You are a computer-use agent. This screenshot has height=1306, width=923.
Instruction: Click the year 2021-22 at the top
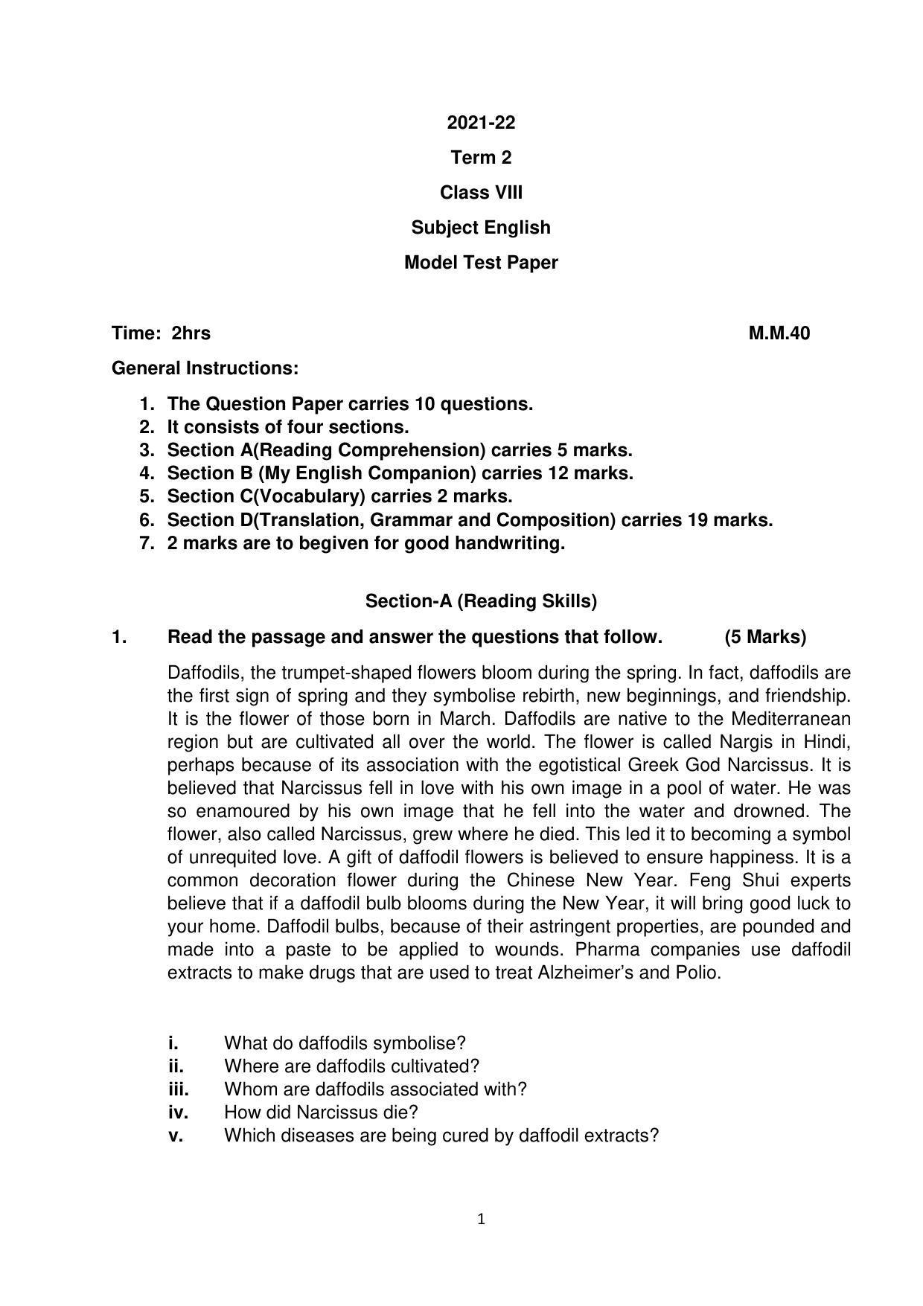(480, 123)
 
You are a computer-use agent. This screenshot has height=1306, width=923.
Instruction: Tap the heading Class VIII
(480, 193)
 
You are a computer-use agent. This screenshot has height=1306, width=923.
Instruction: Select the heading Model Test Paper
(480, 263)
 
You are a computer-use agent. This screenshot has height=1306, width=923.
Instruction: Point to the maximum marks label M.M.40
(779, 333)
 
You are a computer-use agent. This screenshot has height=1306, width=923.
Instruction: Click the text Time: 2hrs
(161, 333)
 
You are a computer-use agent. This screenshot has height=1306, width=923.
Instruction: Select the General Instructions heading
(205, 368)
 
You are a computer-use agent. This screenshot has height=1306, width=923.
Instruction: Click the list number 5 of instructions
(147, 496)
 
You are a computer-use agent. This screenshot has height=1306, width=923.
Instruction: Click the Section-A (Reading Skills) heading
(481, 601)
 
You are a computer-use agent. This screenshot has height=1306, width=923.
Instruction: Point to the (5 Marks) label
(764, 637)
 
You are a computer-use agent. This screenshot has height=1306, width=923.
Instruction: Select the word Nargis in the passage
(748, 742)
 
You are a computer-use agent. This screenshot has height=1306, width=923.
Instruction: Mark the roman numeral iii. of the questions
(179, 1089)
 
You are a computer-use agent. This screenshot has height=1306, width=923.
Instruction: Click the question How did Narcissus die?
(321, 1113)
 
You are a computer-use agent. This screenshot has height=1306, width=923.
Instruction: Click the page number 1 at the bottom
(481, 1219)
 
